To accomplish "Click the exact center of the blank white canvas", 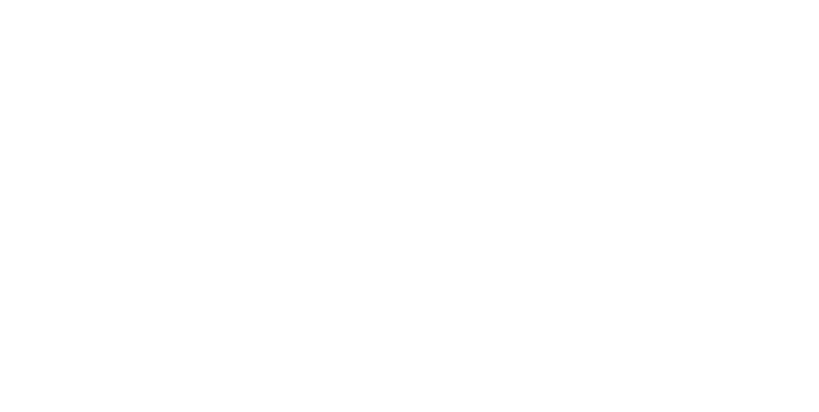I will (409, 206).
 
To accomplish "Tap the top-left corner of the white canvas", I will (0, 0).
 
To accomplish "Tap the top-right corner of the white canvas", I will (819, 0).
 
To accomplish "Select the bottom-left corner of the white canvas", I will (0, 412).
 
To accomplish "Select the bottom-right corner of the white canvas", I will (819, 412).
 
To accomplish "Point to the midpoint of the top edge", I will (409, 0).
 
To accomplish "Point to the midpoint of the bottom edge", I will (409, 412).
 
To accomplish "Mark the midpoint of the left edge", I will (0, 206).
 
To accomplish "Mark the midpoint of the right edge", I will (819, 206).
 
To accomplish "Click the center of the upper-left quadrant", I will (205, 103).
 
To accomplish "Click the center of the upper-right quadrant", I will (614, 103).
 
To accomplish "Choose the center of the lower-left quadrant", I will (205, 309).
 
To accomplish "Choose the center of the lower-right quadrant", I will (614, 309).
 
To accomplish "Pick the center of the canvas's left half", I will (205, 206).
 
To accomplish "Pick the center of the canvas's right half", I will (614, 206).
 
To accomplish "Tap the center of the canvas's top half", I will (409, 103).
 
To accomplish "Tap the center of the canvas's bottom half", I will (409, 309).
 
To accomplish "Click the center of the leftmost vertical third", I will (136, 206).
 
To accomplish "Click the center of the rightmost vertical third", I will (682, 206).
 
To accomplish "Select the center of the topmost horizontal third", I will (409, 69).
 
